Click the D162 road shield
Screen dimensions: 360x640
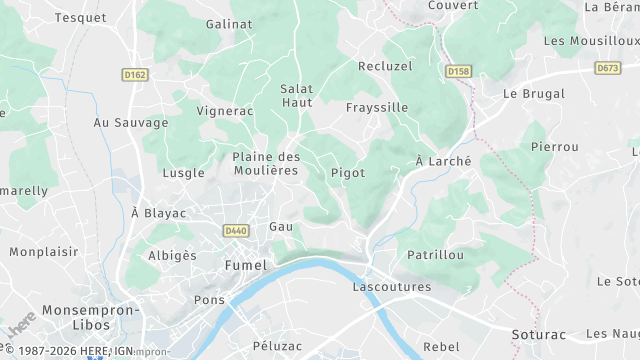(135, 74)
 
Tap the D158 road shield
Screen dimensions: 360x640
(459, 71)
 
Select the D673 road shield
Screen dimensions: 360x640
(607, 68)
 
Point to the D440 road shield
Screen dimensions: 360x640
(235, 230)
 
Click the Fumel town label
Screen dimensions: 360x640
(247, 266)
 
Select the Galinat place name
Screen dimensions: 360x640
(228, 23)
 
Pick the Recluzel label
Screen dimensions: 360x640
(384, 65)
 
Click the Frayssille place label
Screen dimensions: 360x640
(376, 107)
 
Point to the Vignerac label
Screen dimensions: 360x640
(225, 110)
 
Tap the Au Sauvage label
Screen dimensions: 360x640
(131, 123)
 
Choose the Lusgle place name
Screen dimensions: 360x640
(183, 173)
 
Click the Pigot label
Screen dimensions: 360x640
(348, 173)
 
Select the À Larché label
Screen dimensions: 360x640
(443, 161)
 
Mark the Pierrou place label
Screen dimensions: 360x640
(555, 147)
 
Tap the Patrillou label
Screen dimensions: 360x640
(435, 255)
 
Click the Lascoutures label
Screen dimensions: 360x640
(392, 287)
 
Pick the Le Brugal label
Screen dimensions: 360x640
(534, 94)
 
